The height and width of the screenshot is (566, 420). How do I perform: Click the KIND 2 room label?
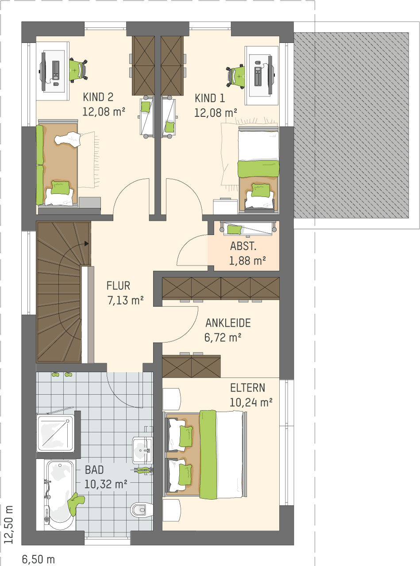coord(98,97)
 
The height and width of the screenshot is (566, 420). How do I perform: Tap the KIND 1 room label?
coord(210,98)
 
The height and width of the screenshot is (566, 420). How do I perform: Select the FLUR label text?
coord(118,286)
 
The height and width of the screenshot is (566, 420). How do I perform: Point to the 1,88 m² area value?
coord(247,261)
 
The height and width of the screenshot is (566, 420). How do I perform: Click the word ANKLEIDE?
coord(228,323)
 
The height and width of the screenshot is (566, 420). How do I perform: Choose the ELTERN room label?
coord(247,388)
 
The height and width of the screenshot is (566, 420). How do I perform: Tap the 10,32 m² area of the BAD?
coord(106,484)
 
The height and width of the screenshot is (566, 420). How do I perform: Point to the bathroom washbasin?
coord(143,451)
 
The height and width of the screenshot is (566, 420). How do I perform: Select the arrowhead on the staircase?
coord(86,244)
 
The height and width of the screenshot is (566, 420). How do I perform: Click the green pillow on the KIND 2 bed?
coord(60,187)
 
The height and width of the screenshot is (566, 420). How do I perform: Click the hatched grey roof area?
coord(351,125)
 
